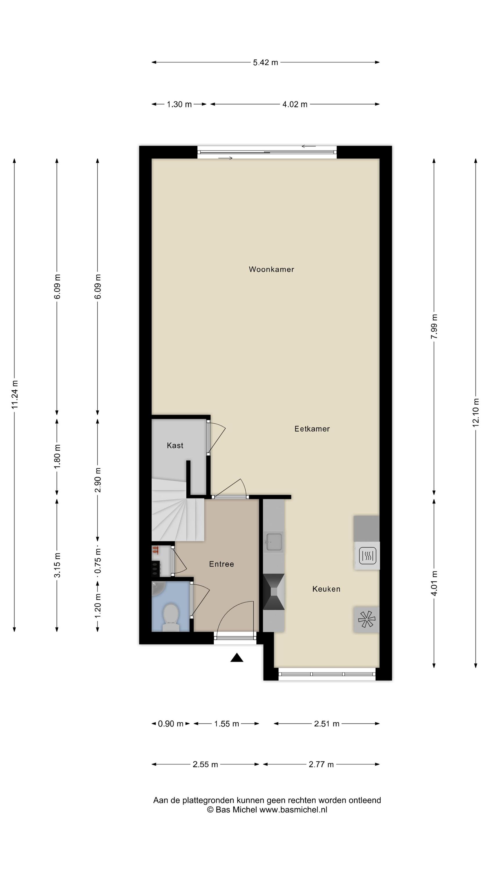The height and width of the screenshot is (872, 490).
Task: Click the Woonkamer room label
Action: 271,269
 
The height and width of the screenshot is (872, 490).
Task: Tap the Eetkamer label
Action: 312,429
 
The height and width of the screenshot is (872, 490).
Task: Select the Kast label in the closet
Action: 175,446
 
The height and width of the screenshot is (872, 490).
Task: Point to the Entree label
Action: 221,564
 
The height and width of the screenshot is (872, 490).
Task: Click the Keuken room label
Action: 326,589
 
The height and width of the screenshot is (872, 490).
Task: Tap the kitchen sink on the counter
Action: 273,542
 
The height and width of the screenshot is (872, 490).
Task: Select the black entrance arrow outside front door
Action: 237,658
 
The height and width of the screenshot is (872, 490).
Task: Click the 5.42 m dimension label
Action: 265,62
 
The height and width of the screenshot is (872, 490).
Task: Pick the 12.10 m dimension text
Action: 475,412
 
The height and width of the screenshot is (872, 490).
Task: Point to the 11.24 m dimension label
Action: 15,394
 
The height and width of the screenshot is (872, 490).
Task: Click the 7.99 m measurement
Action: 434,326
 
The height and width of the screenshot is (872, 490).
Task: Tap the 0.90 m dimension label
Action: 170,724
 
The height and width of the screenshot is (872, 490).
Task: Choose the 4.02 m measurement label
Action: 295,104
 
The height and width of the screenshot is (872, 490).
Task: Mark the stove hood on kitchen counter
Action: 273,592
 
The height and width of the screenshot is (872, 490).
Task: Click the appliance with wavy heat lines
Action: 367,555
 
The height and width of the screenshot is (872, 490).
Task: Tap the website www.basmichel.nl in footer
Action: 293,810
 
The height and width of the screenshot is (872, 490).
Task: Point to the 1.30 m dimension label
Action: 179,104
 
